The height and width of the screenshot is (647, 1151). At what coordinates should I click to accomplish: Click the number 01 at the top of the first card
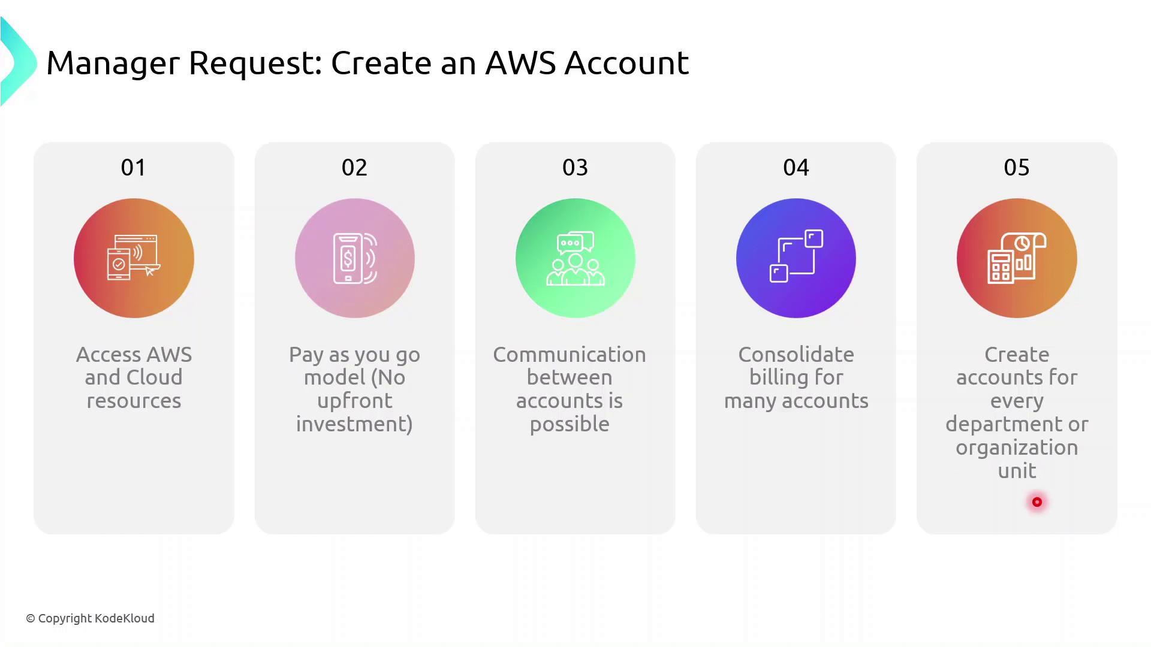click(x=133, y=168)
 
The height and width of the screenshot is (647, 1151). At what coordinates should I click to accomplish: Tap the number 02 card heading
click(x=354, y=168)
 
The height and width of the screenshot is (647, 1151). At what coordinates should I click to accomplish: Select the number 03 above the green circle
click(x=575, y=168)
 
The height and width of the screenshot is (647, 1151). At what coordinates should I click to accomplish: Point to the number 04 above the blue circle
click(x=796, y=168)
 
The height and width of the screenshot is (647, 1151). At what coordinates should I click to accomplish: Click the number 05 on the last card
click(x=1016, y=168)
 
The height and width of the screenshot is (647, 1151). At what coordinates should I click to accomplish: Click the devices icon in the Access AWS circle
click(x=134, y=258)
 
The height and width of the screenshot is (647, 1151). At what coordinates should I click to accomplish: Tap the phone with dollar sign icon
click(x=354, y=258)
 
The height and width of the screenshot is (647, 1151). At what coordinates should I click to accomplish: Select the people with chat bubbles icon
click(x=575, y=258)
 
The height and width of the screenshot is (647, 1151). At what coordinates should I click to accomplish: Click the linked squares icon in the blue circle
click(x=796, y=256)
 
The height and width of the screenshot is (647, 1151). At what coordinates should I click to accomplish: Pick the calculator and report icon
click(x=1017, y=258)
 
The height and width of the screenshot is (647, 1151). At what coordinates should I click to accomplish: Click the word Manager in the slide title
click(x=113, y=64)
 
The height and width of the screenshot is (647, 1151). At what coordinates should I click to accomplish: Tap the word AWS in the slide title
click(x=520, y=63)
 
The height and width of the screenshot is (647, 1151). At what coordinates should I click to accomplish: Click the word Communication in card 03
click(x=569, y=355)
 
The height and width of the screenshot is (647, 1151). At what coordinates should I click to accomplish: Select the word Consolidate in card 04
click(x=796, y=355)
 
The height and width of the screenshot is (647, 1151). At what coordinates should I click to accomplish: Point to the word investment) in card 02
click(x=354, y=424)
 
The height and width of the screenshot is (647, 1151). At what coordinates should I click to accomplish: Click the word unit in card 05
click(x=1017, y=471)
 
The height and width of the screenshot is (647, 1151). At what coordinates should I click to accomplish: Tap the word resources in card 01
click(x=134, y=401)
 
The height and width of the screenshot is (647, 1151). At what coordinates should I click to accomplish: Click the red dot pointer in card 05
click(x=1036, y=502)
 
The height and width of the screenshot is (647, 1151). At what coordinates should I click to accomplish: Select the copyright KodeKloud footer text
click(x=90, y=618)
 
